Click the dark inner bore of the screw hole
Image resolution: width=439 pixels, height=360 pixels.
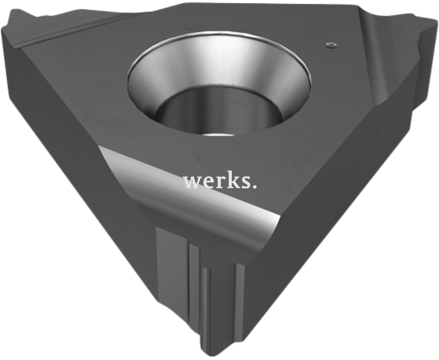pos(219,113)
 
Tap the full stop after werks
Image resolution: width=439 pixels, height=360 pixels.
pos(254,186)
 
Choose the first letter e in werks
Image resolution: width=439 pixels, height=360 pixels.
pos(206,183)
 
